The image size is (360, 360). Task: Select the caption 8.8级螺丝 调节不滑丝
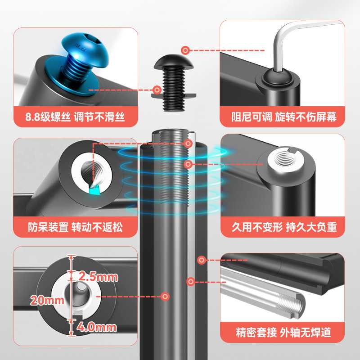[x=75, y=118]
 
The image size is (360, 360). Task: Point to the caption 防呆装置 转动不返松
[x=75, y=228]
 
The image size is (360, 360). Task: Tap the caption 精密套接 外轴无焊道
[x=283, y=333]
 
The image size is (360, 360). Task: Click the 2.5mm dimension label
[x=98, y=276]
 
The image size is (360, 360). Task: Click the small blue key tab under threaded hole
[x=94, y=189]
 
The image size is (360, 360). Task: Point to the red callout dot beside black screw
[x=157, y=90]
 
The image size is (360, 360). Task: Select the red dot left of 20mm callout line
[x=166, y=297]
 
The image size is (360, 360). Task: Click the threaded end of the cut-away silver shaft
[x=292, y=306]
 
